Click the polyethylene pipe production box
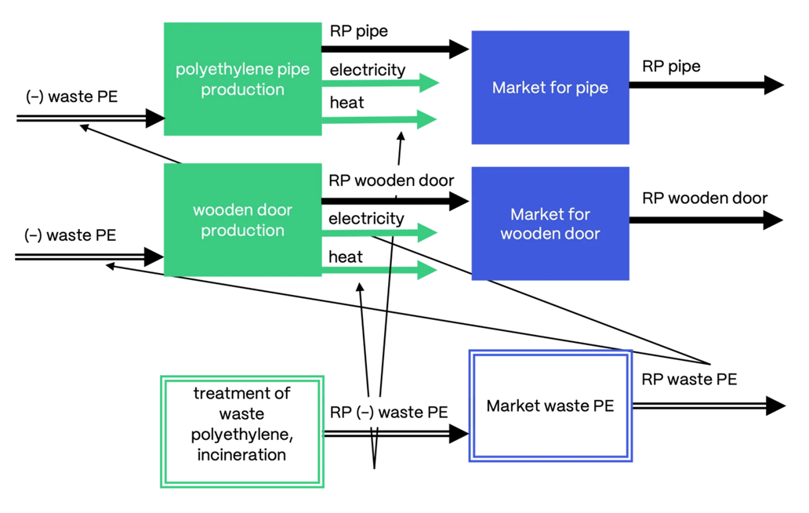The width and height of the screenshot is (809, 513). click(242, 79)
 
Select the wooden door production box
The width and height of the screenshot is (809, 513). click(242, 220)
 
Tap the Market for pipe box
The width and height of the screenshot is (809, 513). click(550, 88)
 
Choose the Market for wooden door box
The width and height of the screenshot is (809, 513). click(550, 224)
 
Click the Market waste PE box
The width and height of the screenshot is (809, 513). click(550, 406)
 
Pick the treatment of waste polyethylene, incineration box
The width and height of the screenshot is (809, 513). click(241, 431)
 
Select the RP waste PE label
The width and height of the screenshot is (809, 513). click(689, 380)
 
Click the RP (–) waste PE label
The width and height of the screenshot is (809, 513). click(389, 412)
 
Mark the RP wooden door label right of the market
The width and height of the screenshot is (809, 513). click(705, 198)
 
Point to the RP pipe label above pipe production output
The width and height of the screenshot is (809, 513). click(358, 31)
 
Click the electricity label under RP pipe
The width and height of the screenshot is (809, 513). click(367, 71)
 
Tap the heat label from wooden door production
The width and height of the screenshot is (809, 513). click(346, 257)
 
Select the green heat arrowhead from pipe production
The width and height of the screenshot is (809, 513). click(427, 119)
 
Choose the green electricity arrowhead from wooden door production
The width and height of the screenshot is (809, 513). click(427, 232)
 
